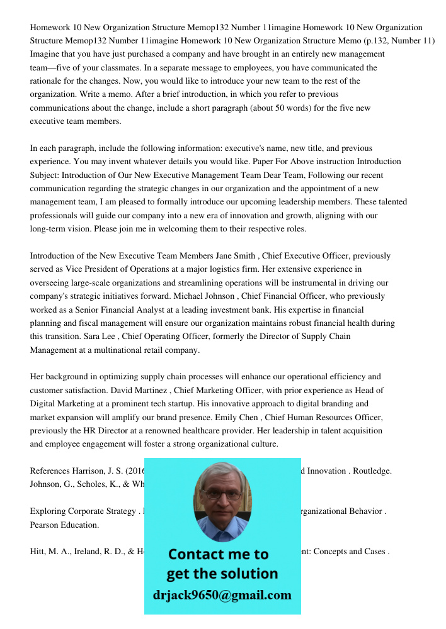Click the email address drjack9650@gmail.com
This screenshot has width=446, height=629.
[x=222, y=595]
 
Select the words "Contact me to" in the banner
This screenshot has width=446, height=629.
[x=218, y=554]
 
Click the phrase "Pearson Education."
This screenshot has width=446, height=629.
[x=64, y=525]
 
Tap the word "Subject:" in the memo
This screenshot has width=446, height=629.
[x=45, y=175]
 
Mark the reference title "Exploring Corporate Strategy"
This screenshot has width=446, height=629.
[x=83, y=511]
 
